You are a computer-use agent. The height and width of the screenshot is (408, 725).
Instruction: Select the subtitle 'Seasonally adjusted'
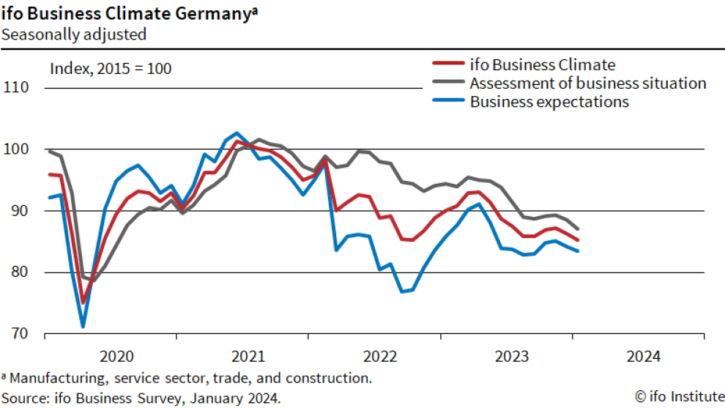[x=73, y=34]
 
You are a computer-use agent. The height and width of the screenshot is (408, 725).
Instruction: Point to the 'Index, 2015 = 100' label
[x=111, y=69]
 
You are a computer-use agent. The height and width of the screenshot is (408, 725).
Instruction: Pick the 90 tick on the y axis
[x=16, y=211]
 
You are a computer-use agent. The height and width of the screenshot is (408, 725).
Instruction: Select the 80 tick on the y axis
[x=16, y=272]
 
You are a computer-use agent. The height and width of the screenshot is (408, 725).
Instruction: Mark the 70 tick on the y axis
[x=16, y=334]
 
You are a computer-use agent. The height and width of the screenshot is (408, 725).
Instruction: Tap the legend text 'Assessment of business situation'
[x=588, y=83]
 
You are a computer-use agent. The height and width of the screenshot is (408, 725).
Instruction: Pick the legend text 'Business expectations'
[x=549, y=102]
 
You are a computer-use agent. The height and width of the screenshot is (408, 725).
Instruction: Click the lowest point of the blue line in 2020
[x=83, y=326]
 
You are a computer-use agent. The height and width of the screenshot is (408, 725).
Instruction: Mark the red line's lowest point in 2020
[x=83, y=302]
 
